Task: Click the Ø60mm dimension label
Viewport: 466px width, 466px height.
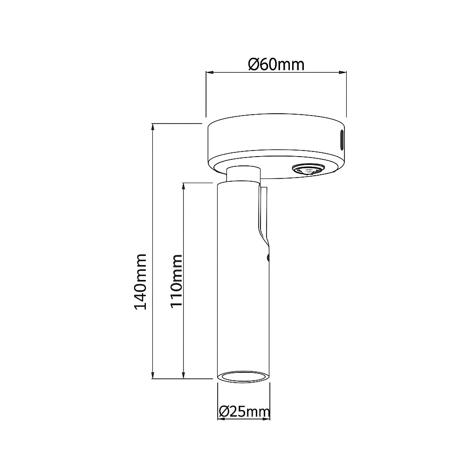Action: click(x=276, y=64)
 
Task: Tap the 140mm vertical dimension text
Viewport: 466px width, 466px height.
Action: click(x=140, y=281)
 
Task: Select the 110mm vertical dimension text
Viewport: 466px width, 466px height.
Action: click(x=175, y=281)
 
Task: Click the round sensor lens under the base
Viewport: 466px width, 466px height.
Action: click(x=307, y=170)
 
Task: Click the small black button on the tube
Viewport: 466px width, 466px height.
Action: click(x=268, y=256)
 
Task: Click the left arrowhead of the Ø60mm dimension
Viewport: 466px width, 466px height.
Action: click(x=209, y=72)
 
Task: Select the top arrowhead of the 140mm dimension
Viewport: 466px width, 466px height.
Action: click(x=153, y=127)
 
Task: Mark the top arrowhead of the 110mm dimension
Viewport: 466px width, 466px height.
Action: click(x=185, y=185)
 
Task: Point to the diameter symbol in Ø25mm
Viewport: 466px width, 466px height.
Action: click(x=223, y=411)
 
